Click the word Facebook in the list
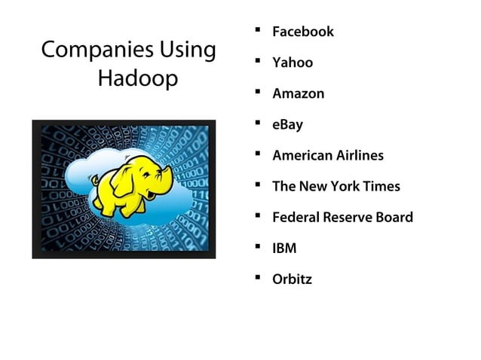[x=302, y=32]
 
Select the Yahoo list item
[x=293, y=63]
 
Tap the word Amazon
[x=299, y=93]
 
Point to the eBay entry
[x=287, y=125]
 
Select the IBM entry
[x=284, y=249]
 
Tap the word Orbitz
[x=292, y=279]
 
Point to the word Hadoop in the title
[x=138, y=79]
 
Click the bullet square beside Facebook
[x=258, y=30]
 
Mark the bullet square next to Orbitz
[x=258, y=278]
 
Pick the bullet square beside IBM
[x=258, y=247]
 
